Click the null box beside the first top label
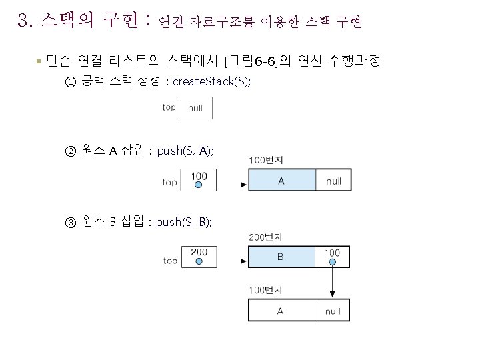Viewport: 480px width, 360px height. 195,108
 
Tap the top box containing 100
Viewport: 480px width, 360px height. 199,180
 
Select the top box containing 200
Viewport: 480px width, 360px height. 199,257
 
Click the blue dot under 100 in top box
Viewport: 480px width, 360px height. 199,185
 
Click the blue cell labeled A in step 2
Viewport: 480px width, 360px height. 281,180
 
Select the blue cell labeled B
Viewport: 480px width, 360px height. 281,257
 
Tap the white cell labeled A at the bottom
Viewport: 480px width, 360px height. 281,311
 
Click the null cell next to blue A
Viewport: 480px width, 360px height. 333,180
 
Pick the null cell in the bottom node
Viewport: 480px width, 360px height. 333,311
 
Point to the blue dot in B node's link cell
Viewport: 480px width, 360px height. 333,262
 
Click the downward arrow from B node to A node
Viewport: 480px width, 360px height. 333,280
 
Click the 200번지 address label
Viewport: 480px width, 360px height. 265,237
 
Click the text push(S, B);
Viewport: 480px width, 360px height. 184,222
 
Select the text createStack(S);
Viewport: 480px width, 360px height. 212,82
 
